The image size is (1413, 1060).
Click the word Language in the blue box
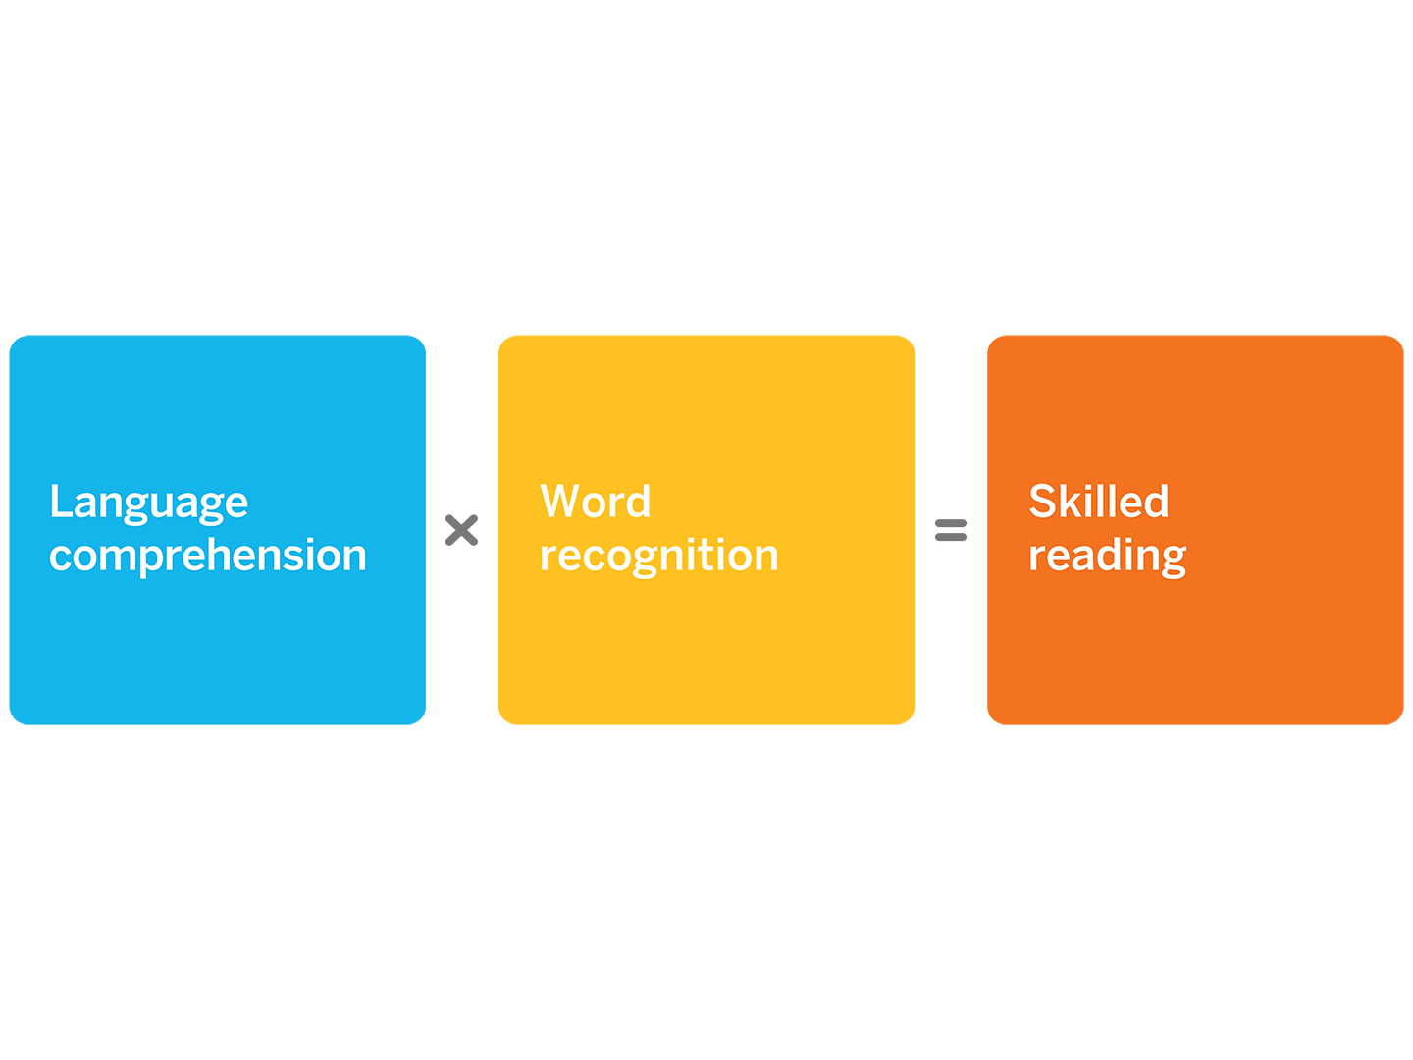click(149, 503)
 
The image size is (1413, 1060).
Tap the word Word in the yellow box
click(596, 501)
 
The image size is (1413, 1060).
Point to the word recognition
click(659, 556)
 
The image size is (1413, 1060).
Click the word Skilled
click(1098, 501)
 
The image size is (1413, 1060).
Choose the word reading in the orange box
click(1107, 556)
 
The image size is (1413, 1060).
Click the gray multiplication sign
click(461, 530)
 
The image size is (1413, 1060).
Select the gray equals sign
click(951, 530)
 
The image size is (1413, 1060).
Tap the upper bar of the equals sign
click(951, 523)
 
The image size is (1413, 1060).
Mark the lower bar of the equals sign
click(951, 537)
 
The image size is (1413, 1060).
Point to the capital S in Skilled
click(1041, 501)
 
